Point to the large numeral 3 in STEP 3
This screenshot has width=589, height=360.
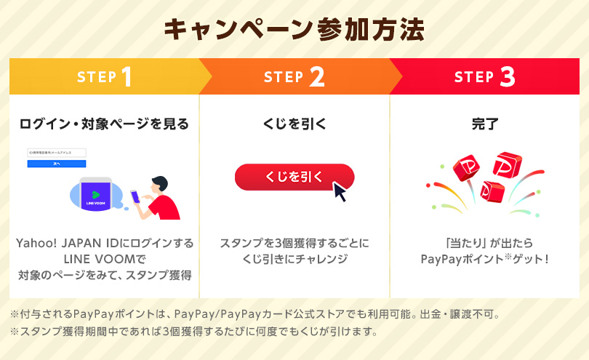pyautogui.click(x=508, y=77)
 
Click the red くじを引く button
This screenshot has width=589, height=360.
pyautogui.click(x=294, y=177)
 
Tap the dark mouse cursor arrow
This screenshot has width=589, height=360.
pyautogui.click(x=339, y=191)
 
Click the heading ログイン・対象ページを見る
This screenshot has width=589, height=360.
pyautogui.click(x=104, y=124)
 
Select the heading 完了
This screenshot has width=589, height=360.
pyautogui.click(x=485, y=124)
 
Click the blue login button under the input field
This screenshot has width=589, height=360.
pyautogui.click(x=56, y=164)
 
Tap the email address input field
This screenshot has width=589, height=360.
pyautogui.click(x=56, y=153)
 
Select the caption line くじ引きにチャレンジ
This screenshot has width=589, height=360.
pyautogui.click(x=294, y=259)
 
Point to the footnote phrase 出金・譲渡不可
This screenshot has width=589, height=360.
pyautogui.click(x=465, y=315)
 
